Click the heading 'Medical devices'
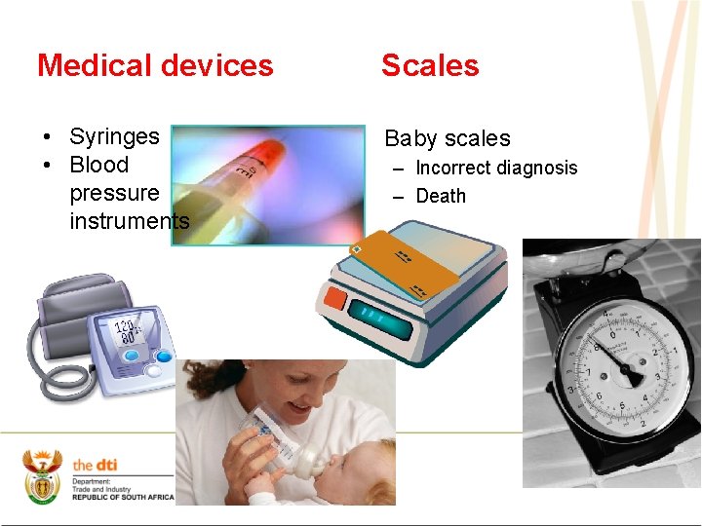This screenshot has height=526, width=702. click(x=155, y=65)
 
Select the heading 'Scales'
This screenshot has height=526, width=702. click(x=430, y=65)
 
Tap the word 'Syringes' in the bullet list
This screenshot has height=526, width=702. click(x=114, y=136)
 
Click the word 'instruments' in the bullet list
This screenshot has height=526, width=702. click(x=129, y=221)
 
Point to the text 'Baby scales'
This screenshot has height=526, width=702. click(x=447, y=138)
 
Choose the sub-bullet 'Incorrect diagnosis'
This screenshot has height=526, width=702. click(x=496, y=168)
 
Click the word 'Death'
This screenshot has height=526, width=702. click(x=441, y=196)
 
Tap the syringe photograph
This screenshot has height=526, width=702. click(x=268, y=184)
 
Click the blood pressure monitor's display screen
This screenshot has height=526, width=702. click(x=132, y=331)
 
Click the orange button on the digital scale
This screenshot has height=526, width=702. click(x=336, y=298)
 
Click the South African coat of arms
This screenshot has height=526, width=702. click(x=42, y=476)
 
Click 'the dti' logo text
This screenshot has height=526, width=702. click(x=95, y=465)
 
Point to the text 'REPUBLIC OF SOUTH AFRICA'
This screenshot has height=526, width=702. click(x=123, y=497)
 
